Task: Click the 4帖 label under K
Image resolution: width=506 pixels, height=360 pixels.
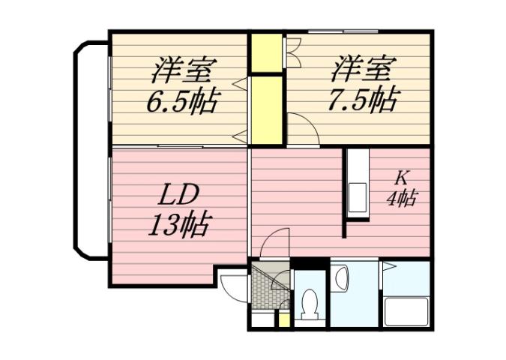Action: tap(402, 199)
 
